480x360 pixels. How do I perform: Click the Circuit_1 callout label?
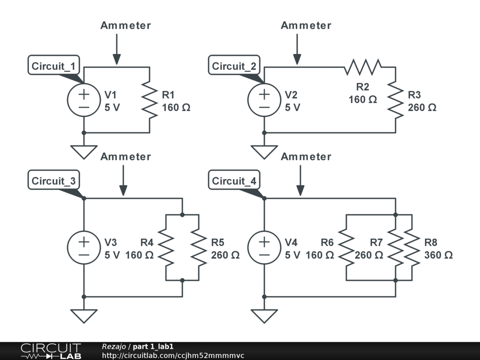coord(52,66)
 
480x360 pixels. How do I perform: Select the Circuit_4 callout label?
coord(233,181)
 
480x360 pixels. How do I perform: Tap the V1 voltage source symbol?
coord(84,100)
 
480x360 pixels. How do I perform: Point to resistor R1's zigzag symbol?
coord(150,100)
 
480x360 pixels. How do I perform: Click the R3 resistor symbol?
coord(396,100)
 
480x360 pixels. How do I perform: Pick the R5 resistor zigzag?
coord(199,247)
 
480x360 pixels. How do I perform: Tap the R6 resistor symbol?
coord(346,247)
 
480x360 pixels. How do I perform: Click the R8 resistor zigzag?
coord(412,247)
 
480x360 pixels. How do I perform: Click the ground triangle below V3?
coord(84,315)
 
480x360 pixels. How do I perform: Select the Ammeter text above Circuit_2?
coord(306,26)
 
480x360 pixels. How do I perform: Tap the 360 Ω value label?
coord(438,255)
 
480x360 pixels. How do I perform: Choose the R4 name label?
coord(147,242)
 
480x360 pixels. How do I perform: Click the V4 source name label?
coord(291,242)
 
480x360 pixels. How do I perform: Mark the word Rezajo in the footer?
coord(113,346)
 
